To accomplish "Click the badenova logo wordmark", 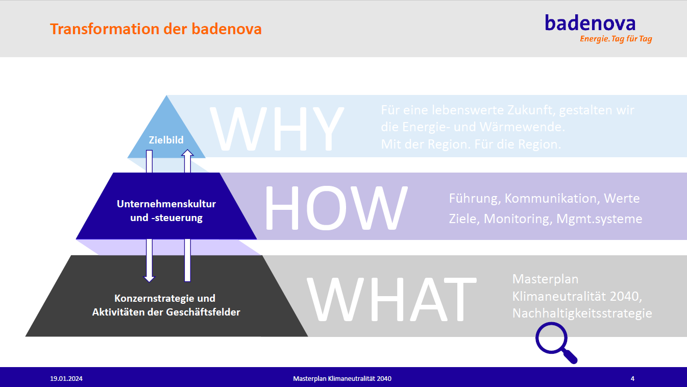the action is (x=590, y=23).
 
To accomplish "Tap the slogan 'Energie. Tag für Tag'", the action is (x=616, y=39).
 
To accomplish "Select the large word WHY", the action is (x=277, y=128).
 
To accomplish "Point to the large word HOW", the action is (x=336, y=208).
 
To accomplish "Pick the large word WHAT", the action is (x=391, y=299).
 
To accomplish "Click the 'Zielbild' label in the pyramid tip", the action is (x=166, y=140).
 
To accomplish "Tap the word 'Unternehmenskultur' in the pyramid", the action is (x=166, y=204).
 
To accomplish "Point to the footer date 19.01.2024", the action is (x=66, y=379).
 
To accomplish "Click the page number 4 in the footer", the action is (x=632, y=379).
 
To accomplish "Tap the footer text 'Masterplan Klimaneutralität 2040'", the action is (x=342, y=379).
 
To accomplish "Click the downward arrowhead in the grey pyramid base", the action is (x=150, y=278).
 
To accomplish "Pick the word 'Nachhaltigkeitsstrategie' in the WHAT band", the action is (x=582, y=313).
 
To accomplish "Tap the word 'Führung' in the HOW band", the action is (x=475, y=199).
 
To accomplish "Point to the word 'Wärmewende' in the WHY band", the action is (x=522, y=127).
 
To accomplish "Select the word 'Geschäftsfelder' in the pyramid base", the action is (x=203, y=312).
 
